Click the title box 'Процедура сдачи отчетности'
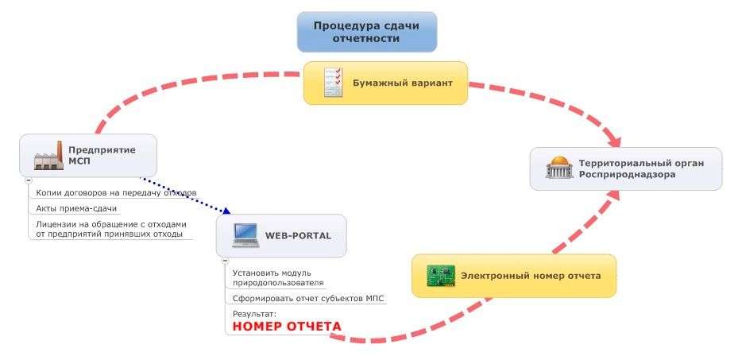point(366,31)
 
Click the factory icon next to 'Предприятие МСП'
point(48,156)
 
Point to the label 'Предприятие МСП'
point(102,155)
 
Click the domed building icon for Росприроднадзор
point(560,168)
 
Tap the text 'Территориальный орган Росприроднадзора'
point(640,168)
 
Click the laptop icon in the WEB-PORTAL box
point(245,235)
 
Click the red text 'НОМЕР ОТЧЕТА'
point(287,327)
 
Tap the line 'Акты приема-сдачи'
point(76,208)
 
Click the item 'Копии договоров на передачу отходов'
point(116,193)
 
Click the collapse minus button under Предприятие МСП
point(29,180)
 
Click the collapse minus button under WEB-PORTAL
point(225,261)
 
